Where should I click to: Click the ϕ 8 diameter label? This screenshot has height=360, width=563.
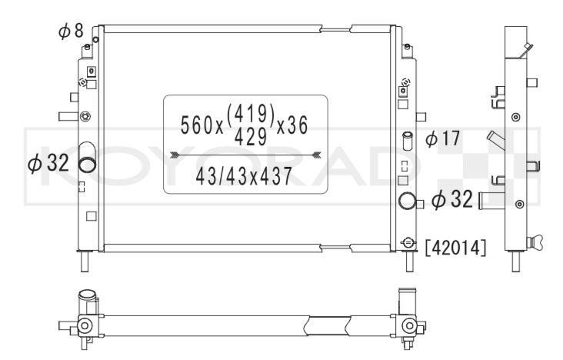tap(71, 31)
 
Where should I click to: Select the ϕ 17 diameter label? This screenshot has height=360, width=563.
tap(442, 138)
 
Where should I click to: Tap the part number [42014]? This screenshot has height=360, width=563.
tap(455, 248)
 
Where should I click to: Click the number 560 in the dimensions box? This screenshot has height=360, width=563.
tap(197, 125)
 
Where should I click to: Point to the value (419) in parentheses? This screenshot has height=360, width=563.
tap(251, 113)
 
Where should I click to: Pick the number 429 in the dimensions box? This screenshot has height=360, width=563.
tap(251, 137)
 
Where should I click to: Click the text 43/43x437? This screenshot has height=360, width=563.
tap(244, 177)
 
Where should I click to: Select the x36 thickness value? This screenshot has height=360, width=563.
tap(292, 125)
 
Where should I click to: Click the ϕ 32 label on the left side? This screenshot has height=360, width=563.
tap(48, 164)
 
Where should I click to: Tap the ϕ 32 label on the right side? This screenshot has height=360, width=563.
tap(452, 199)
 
